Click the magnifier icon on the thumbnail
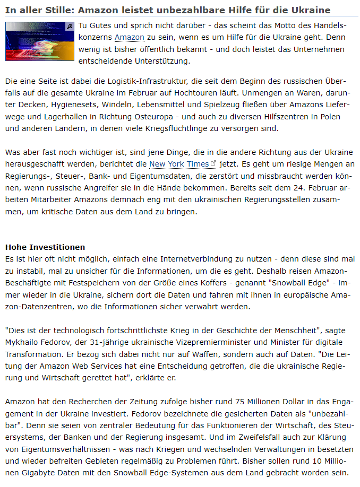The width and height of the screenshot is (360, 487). (x=69, y=26)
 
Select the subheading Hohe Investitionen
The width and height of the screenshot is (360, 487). (x=45, y=247)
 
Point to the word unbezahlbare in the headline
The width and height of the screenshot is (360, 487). (x=198, y=10)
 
